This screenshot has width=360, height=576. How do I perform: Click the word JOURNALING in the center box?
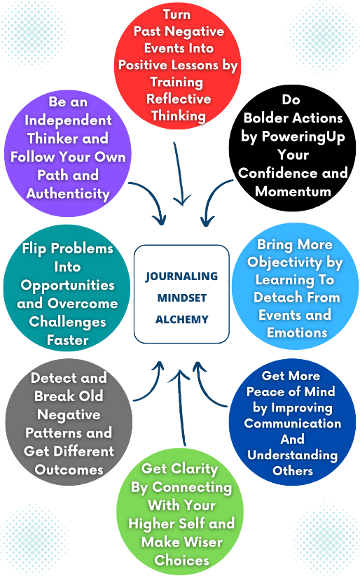pos(181,276)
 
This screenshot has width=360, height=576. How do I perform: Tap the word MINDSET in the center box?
pos(181,297)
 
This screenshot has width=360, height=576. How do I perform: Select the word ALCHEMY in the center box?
pos(181,319)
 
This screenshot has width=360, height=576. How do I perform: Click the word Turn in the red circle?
pos(177,14)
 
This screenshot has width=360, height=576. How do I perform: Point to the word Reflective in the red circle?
pos(179,99)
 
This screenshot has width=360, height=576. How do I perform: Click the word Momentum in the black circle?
pos(293,191)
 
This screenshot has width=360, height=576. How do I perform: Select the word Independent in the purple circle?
pos(68,120)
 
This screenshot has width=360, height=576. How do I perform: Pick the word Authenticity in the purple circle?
pos(68,194)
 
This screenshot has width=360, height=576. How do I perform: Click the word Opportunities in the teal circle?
pos(68,286)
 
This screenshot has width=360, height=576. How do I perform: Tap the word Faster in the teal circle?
pos(68,340)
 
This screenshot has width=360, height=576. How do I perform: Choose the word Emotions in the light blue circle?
pos(297,332)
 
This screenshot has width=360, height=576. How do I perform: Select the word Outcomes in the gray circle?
pos(69,470)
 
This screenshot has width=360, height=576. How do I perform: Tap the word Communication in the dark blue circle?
pos(293,423)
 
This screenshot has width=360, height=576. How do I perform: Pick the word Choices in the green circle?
pos(181,560)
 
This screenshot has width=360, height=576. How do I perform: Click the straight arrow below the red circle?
pos(179,173)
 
